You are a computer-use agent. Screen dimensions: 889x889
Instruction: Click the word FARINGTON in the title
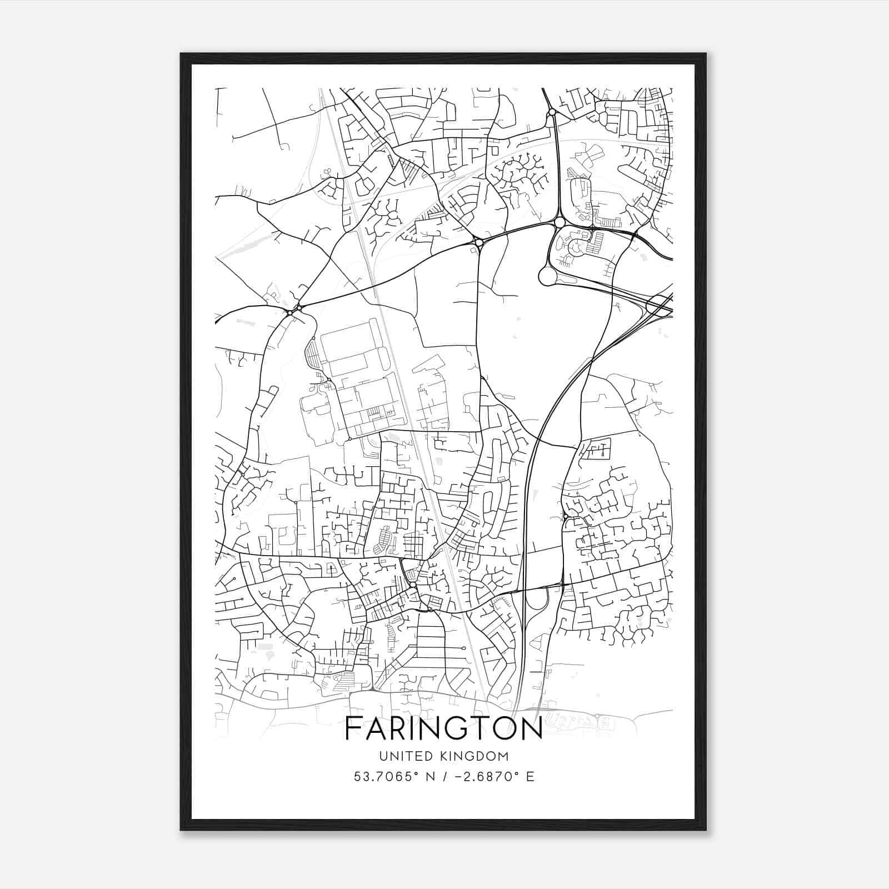pos(444,728)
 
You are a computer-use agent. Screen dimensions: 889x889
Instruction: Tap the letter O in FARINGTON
pos(501,728)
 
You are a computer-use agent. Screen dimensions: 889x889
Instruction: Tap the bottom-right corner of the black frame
pos(706,830)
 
